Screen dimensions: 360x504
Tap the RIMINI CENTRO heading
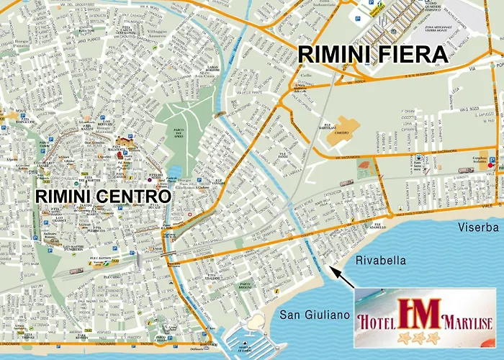104,195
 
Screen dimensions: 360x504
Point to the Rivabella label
380,261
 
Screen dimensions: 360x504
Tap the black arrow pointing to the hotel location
341,276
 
